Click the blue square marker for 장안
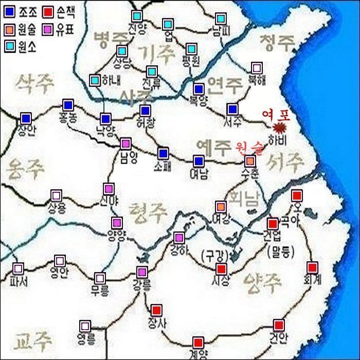point(26,118)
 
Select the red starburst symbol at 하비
point(280,127)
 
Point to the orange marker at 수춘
point(250,161)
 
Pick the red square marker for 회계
point(312,267)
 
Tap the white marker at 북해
point(257,68)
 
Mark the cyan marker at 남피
point(220,19)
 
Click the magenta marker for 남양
point(125,143)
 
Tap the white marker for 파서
point(19,268)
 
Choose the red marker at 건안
point(279,325)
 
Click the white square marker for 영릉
point(85,326)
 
